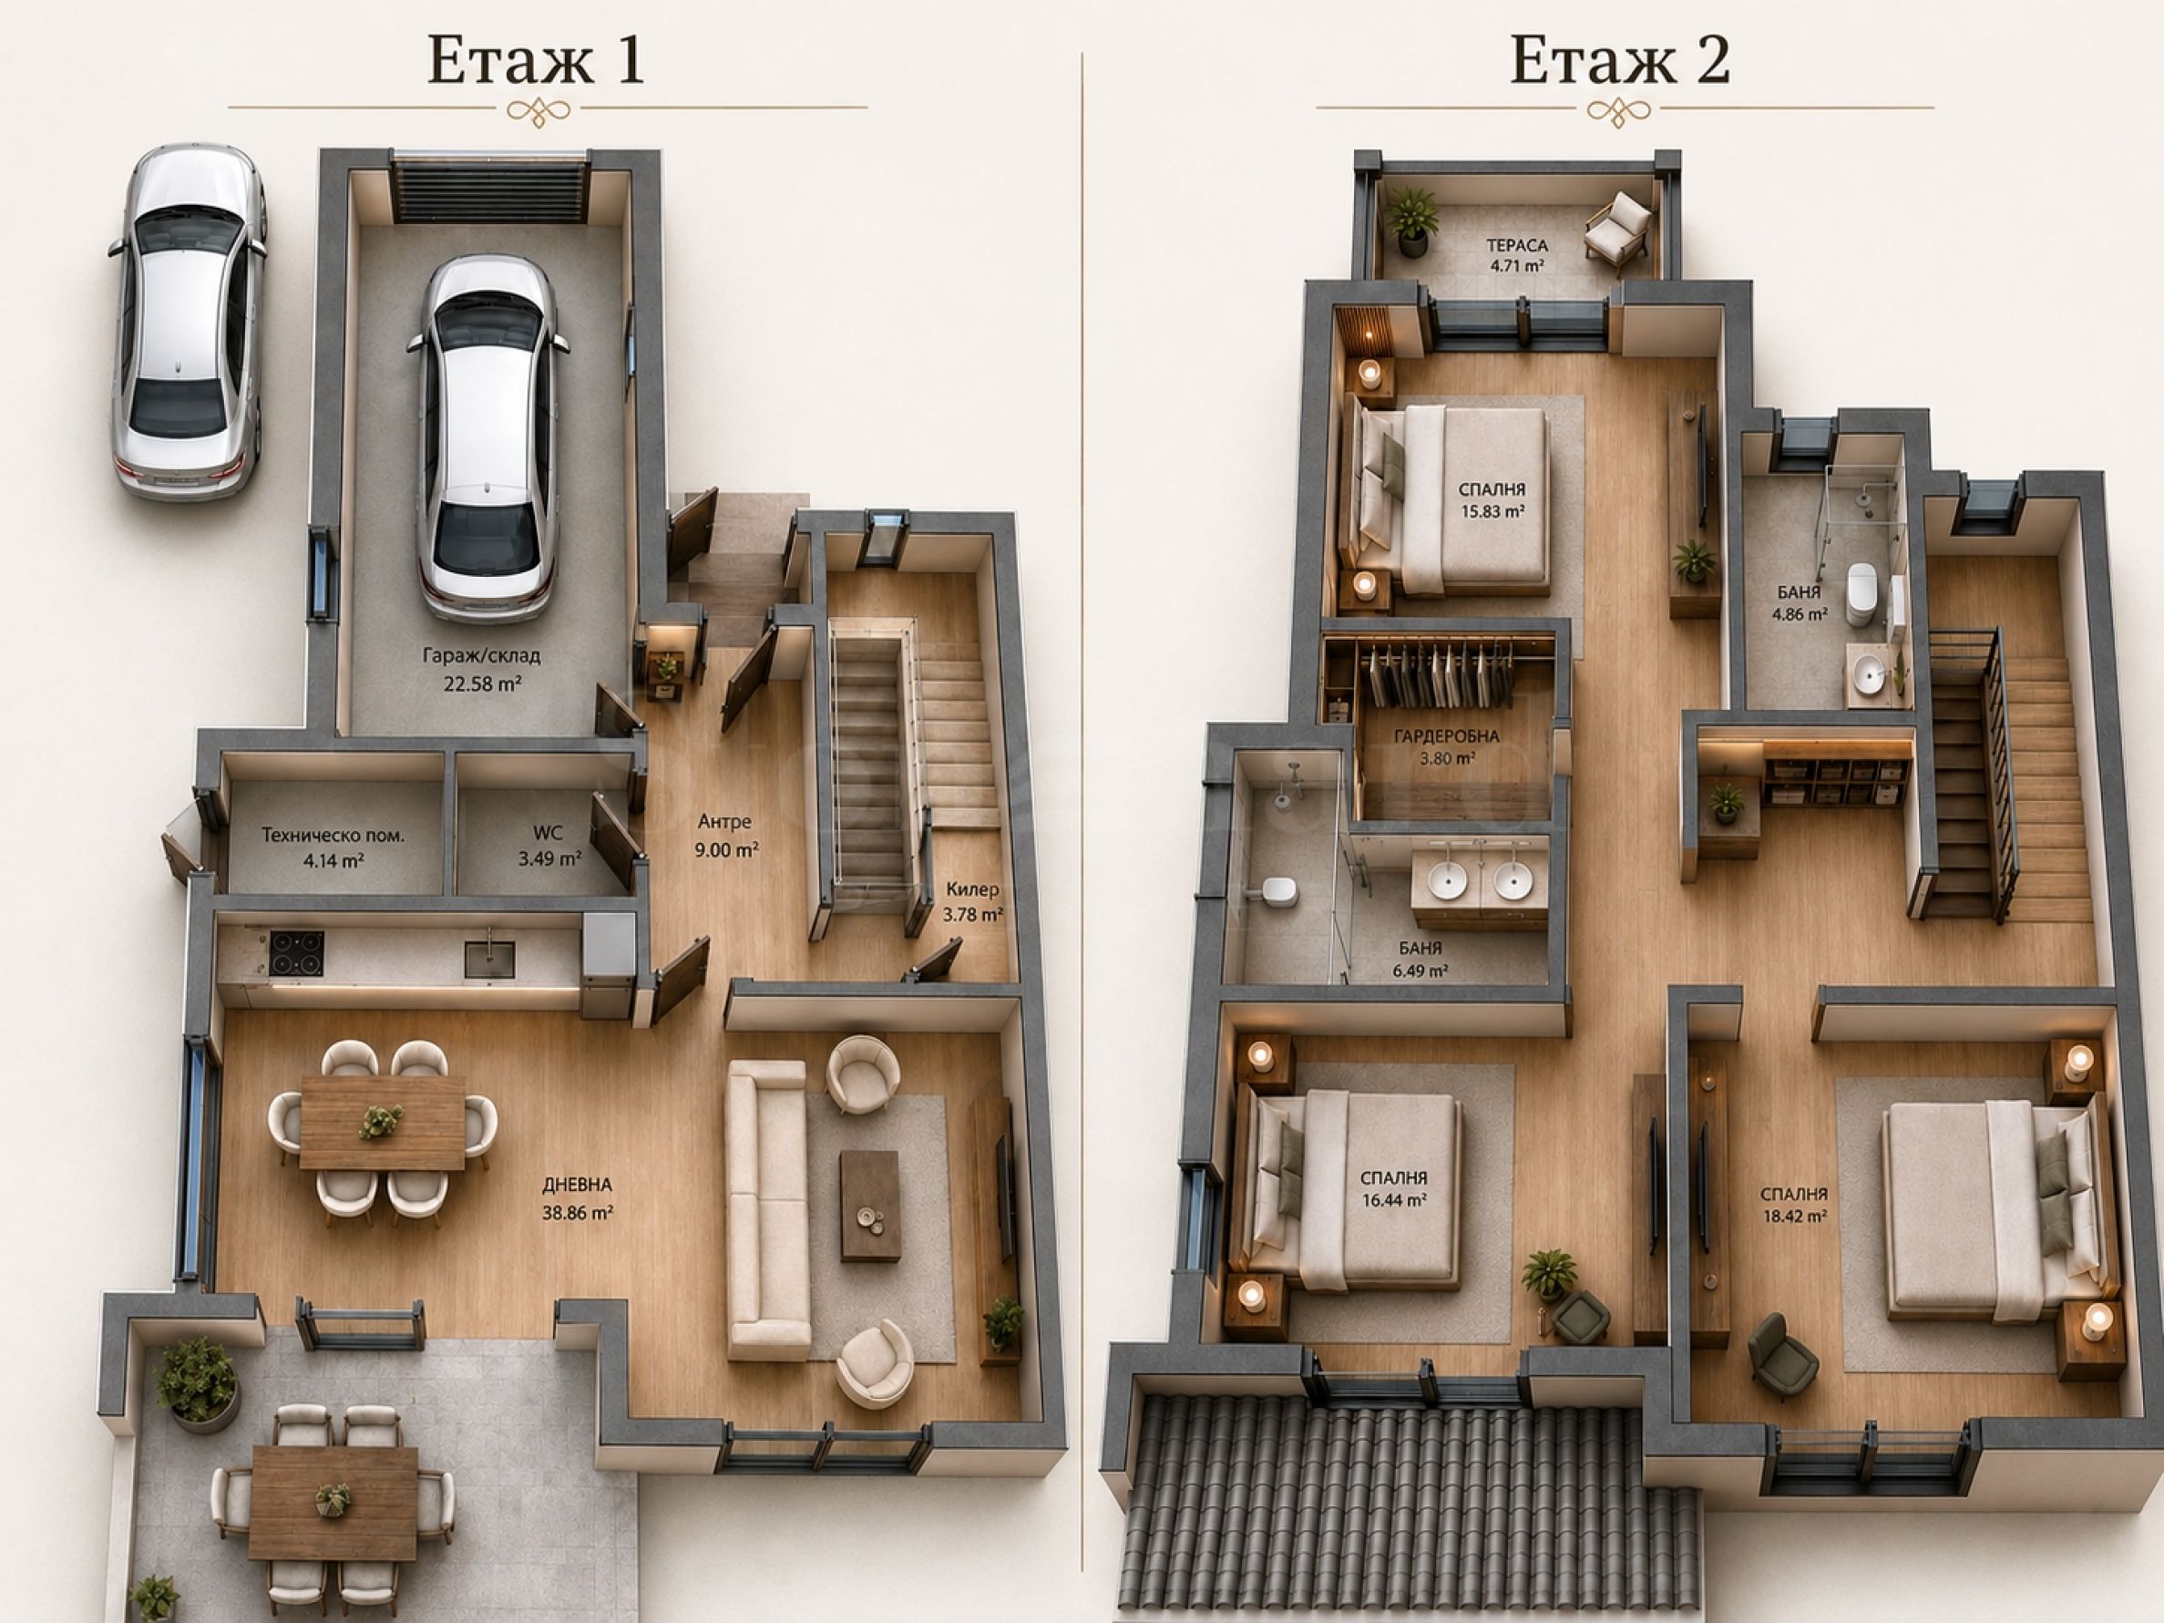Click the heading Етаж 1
535,61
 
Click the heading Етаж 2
1620,61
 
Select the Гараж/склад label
481,655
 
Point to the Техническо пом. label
333,836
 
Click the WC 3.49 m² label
549,847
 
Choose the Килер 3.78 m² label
972,902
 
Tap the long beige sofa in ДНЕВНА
767,1210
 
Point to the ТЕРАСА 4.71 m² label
1517,255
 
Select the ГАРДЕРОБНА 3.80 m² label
1447,746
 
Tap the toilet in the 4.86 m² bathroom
1861,594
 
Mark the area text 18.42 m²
1793,1216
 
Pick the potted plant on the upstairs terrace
1410,221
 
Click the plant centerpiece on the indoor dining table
381,1121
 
